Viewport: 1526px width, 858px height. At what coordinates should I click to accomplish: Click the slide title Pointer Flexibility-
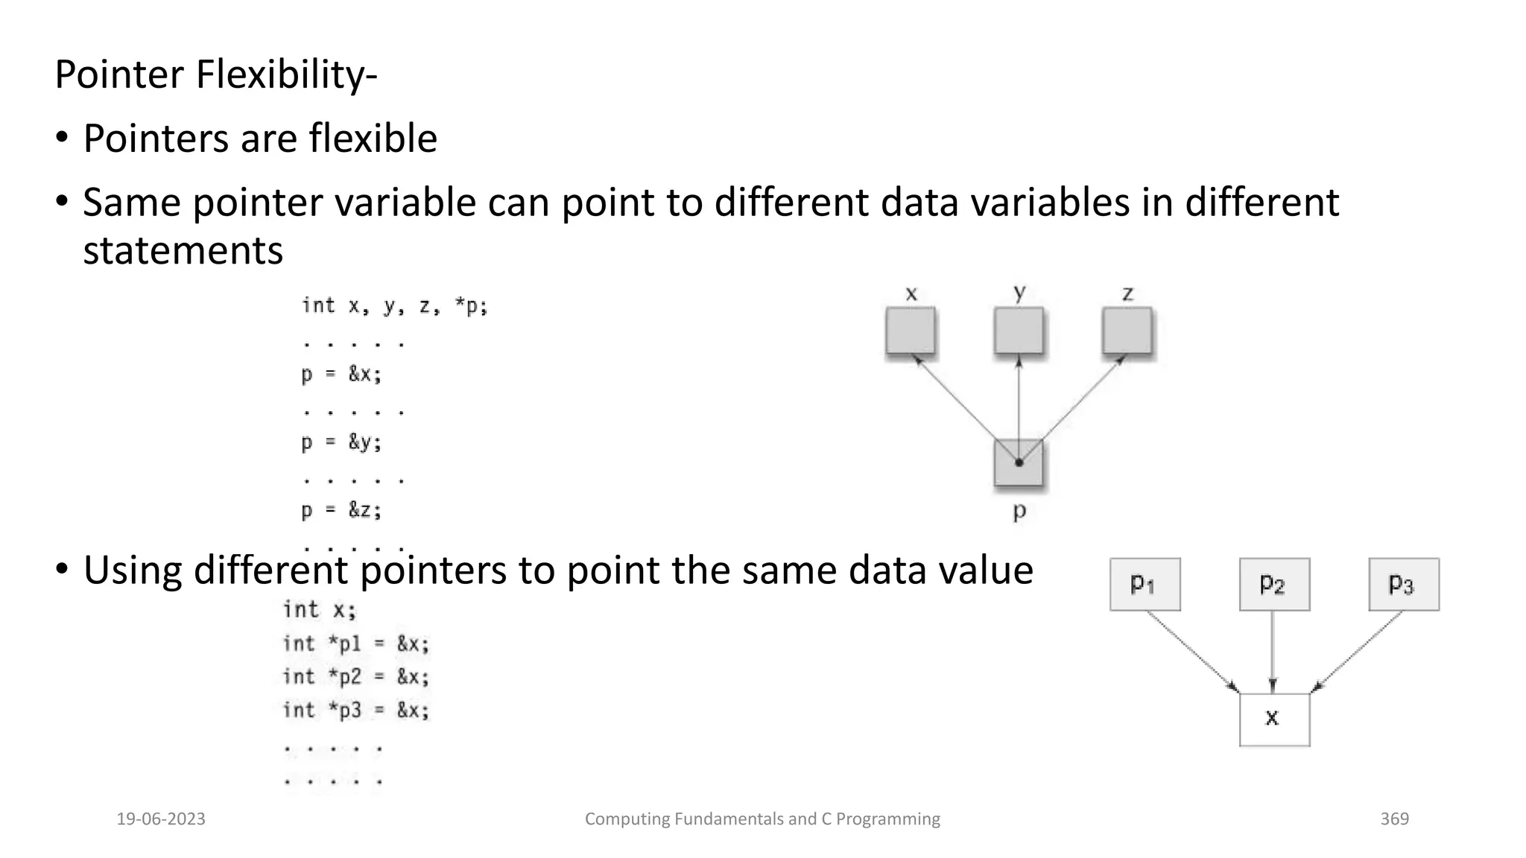pyautogui.click(x=216, y=74)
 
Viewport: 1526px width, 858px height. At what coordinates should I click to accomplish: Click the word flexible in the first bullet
pyautogui.click(x=373, y=139)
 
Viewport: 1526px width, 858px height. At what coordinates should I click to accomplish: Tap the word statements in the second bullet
pyautogui.click(x=183, y=250)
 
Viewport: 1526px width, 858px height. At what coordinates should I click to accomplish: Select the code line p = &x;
pyautogui.click(x=341, y=374)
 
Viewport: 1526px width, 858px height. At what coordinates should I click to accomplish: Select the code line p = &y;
pyautogui.click(x=341, y=442)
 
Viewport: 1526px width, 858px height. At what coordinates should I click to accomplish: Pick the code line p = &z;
pyautogui.click(x=341, y=511)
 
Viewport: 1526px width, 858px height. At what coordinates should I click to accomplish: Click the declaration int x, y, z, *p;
pyautogui.click(x=394, y=306)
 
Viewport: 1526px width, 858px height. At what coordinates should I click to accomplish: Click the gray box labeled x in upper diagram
pyautogui.click(x=911, y=331)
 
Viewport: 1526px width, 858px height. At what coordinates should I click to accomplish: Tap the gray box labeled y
pyautogui.click(x=1019, y=331)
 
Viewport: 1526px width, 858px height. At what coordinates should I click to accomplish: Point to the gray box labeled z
pyautogui.click(x=1127, y=331)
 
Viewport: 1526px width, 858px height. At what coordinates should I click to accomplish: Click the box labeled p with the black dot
pyautogui.click(x=1019, y=463)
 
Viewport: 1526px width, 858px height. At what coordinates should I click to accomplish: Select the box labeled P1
pyautogui.click(x=1144, y=585)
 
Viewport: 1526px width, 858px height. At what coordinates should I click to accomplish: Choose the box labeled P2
pyautogui.click(x=1274, y=585)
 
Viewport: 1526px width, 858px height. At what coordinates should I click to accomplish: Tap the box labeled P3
pyautogui.click(x=1404, y=585)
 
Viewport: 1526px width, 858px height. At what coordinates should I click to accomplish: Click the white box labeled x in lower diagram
pyautogui.click(x=1274, y=719)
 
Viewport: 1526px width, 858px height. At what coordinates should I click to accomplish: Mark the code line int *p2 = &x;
pyautogui.click(x=356, y=677)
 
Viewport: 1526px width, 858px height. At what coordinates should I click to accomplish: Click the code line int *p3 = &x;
pyautogui.click(x=356, y=711)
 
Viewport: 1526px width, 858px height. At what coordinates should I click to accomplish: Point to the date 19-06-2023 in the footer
pyautogui.click(x=161, y=819)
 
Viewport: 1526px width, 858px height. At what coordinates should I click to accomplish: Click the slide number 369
pyautogui.click(x=1394, y=819)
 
